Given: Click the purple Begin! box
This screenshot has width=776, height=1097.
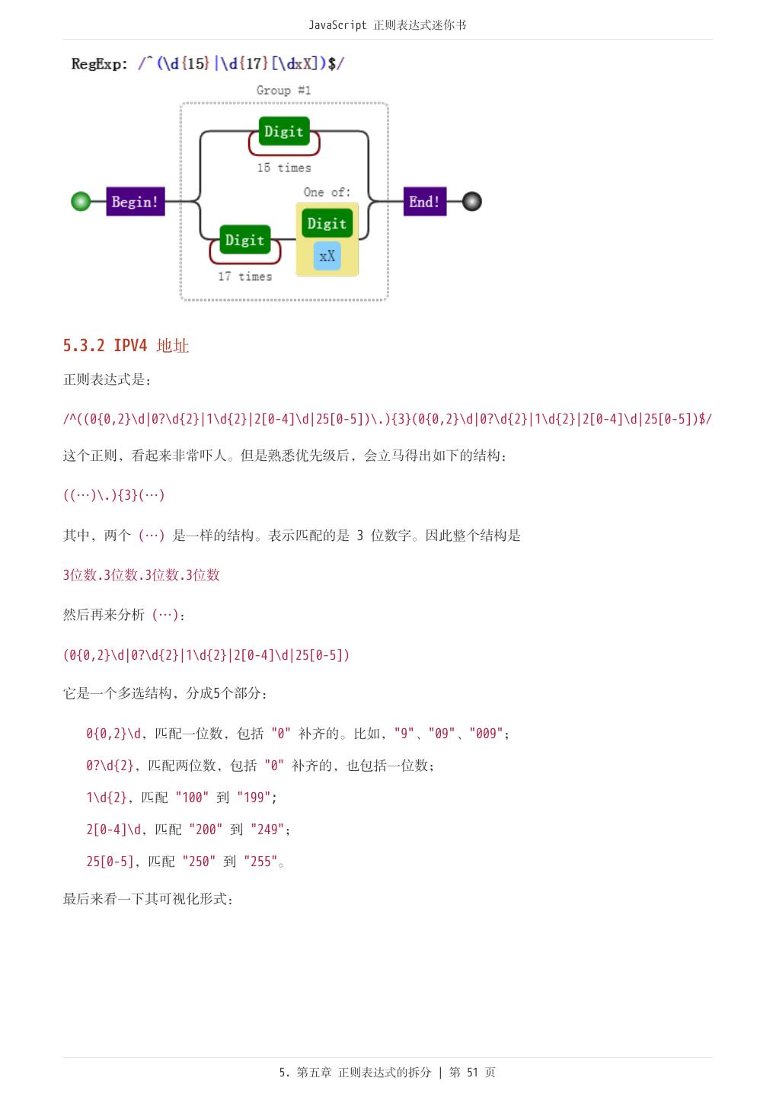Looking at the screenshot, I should (135, 202).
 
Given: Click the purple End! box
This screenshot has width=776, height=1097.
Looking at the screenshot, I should (424, 202).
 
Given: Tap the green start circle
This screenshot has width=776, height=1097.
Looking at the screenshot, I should (81, 202).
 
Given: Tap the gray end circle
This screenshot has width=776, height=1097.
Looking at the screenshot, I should (472, 202).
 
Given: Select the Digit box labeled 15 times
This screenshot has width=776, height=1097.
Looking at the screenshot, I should (283, 132).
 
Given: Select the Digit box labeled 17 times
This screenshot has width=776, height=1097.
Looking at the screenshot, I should (244, 240).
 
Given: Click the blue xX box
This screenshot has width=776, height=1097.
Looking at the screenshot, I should (327, 256).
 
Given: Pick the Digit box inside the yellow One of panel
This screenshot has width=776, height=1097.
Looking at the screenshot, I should (327, 224).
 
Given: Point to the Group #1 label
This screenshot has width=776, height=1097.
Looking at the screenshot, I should (283, 91).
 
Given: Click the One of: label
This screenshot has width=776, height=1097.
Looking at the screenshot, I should (327, 192).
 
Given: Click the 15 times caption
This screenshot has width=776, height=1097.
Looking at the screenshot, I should (283, 168).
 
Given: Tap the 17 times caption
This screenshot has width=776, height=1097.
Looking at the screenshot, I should (244, 277).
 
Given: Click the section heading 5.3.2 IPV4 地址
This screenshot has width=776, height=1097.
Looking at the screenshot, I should (126, 346).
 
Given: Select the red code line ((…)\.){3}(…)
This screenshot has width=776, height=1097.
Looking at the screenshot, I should (113, 495).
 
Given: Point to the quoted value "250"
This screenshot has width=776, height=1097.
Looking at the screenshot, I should (199, 862).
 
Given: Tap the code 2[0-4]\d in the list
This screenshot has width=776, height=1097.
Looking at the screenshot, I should (113, 830).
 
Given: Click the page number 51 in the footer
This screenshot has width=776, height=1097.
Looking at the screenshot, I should (472, 1073).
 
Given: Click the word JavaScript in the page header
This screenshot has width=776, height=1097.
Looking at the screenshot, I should (337, 25).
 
